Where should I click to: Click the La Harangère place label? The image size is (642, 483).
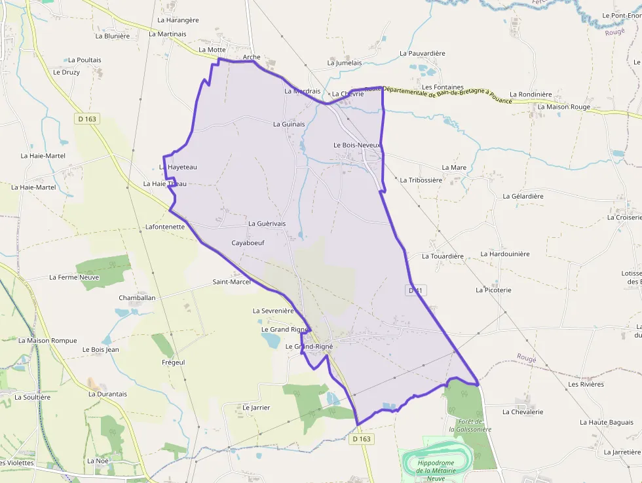(178, 20)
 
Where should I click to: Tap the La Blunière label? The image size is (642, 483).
(113, 36)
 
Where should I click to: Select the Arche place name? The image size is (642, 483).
(252, 57)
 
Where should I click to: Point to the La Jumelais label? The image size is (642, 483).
(345, 62)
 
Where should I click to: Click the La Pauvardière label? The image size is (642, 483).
(423, 53)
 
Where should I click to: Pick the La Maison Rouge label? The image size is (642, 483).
(563, 107)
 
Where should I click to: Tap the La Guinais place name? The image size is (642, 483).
(289, 124)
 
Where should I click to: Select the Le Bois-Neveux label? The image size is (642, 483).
(357, 145)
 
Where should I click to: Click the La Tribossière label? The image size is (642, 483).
(421, 180)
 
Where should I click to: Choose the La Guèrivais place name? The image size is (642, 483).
(267, 223)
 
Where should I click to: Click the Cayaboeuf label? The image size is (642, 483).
(248, 242)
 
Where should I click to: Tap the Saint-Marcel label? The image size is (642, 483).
(231, 282)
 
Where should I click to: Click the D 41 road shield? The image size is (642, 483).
(415, 290)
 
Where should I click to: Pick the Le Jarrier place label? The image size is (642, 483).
(256, 408)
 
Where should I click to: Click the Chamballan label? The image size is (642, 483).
(137, 298)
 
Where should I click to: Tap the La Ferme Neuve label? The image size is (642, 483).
(74, 277)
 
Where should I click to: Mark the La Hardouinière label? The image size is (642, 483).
(505, 254)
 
